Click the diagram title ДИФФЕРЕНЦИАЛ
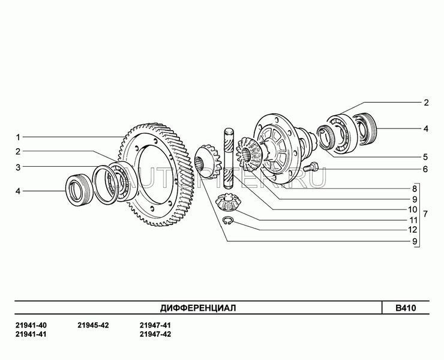[x=198, y=308]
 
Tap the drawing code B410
[x=406, y=308]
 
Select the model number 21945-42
[x=93, y=325]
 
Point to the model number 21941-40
[x=31, y=325]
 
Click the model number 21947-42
[x=155, y=334]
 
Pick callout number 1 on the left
[x=18, y=137]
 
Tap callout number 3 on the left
[x=18, y=167]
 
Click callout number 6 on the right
[x=425, y=169]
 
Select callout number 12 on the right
[x=413, y=230]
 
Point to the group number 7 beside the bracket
[x=425, y=214]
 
